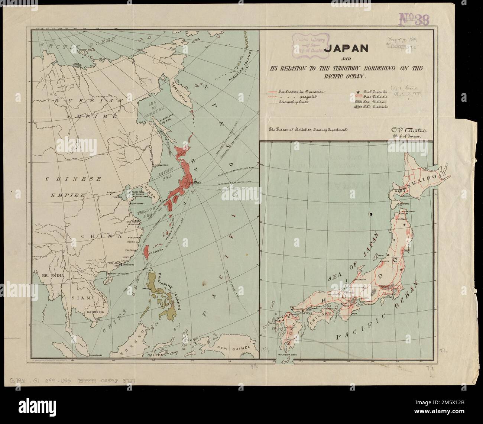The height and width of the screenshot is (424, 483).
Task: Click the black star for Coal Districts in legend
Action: (x=357, y=91)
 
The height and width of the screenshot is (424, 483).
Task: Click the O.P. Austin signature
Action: (x=406, y=130)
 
